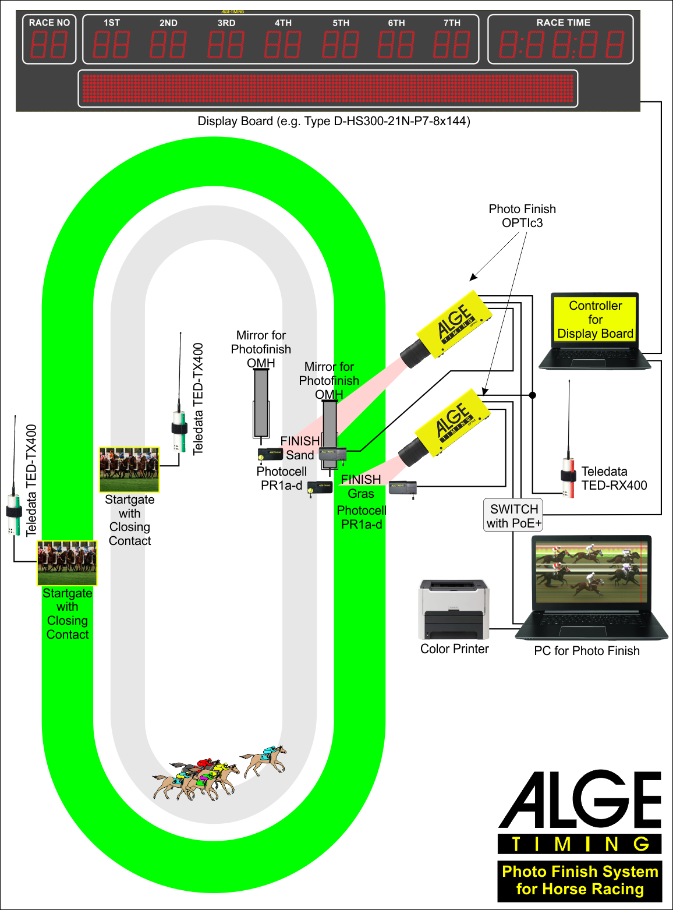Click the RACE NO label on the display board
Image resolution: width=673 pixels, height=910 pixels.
(x=49, y=23)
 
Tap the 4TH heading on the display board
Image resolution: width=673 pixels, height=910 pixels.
(x=283, y=23)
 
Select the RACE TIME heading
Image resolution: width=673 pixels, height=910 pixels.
(x=563, y=23)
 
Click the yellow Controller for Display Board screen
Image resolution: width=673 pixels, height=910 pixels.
(x=595, y=320)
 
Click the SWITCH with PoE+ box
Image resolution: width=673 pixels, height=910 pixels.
(x=513, y=516)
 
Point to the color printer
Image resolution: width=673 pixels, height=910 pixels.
(x=454, y=609)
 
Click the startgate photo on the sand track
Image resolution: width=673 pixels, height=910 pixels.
(x=129, y=469)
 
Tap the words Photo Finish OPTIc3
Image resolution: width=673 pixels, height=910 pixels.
(x=522, y=215)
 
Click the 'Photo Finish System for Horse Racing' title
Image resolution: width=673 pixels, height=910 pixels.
(x=580, y=880)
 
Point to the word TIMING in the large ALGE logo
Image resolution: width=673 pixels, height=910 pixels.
(x=580, y=844)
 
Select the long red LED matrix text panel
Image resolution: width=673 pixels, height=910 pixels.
(x=328, y=88)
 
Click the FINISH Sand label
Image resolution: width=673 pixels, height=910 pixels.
(x=300, y=448)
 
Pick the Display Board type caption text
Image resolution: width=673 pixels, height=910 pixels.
(x=334, y=121)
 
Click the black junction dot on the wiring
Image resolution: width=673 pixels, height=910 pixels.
(x=532, y=395)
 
